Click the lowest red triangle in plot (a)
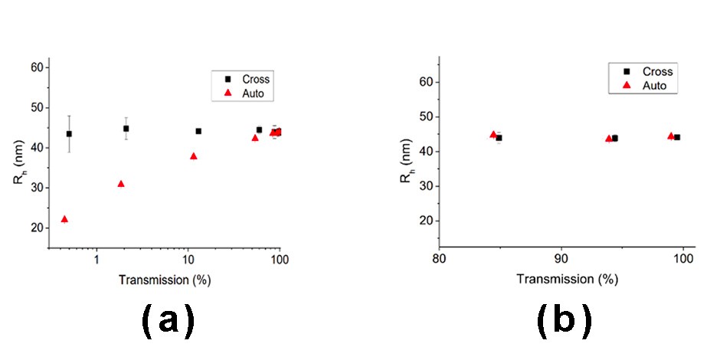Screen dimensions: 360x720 64,219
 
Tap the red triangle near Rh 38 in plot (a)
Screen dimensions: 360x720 193,156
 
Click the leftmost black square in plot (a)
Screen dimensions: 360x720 69,133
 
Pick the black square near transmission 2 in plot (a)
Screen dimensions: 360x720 126,129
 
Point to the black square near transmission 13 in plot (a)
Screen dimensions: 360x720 198,131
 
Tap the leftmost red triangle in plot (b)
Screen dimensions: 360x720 493,135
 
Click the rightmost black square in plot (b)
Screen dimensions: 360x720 677,137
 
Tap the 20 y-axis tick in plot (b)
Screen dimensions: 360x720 426,221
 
